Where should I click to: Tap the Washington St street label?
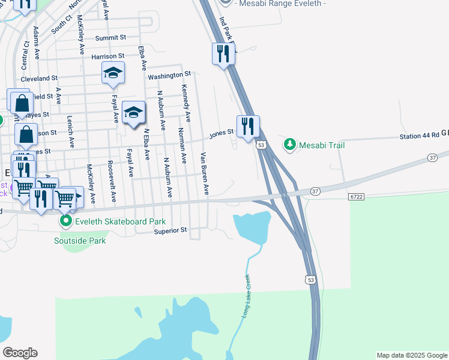169,76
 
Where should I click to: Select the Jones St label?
220,134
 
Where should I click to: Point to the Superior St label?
170,230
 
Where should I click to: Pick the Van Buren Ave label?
205,173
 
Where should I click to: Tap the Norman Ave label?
182,145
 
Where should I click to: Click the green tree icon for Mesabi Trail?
290,144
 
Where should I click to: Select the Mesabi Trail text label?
322,145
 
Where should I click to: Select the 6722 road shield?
356,196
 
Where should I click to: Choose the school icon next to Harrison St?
113,73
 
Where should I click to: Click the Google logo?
20,353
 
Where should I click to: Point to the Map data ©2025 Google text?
411,355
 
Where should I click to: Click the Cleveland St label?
38,78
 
